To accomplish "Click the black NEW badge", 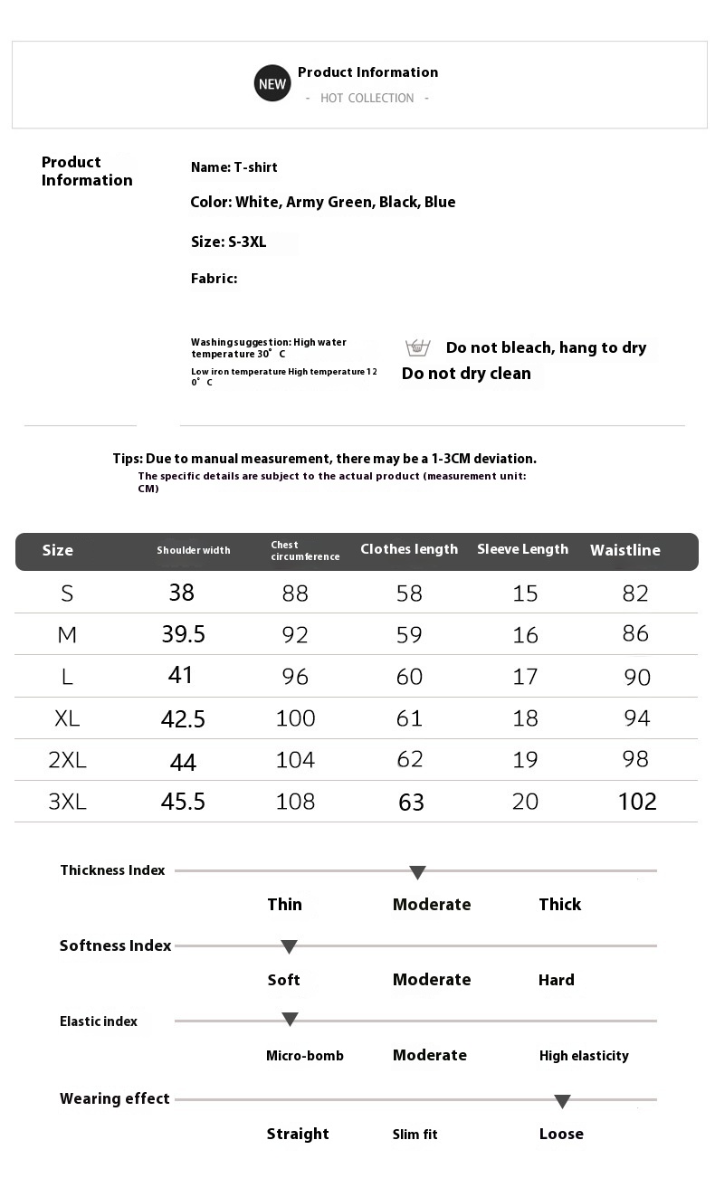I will pos(272,84).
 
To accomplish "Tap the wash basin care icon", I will pos(417,347).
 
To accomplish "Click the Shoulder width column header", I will pos(194,550).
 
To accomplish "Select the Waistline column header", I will pos(625,550).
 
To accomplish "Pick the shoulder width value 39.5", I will pos(184,634).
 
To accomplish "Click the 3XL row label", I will pos(67,802).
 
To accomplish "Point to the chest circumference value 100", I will pos(295,718).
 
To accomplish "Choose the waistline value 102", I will pos(637,802).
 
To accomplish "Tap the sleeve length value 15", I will pos(525,594).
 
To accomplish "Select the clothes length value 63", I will pos(411,803).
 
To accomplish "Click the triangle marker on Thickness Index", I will pos(417,872).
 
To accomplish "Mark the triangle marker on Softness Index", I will pos(289,947).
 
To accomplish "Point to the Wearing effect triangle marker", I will pos(562,1101).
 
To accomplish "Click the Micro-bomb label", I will pos(305,1056).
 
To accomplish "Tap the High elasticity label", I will pos(584,1056).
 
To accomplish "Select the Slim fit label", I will pos(415,1135).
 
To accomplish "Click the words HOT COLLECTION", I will pos(367,99).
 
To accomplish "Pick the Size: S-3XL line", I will pos(229,242).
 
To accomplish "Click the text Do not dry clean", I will pos(466,374).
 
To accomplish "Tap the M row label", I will pos(67,635).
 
